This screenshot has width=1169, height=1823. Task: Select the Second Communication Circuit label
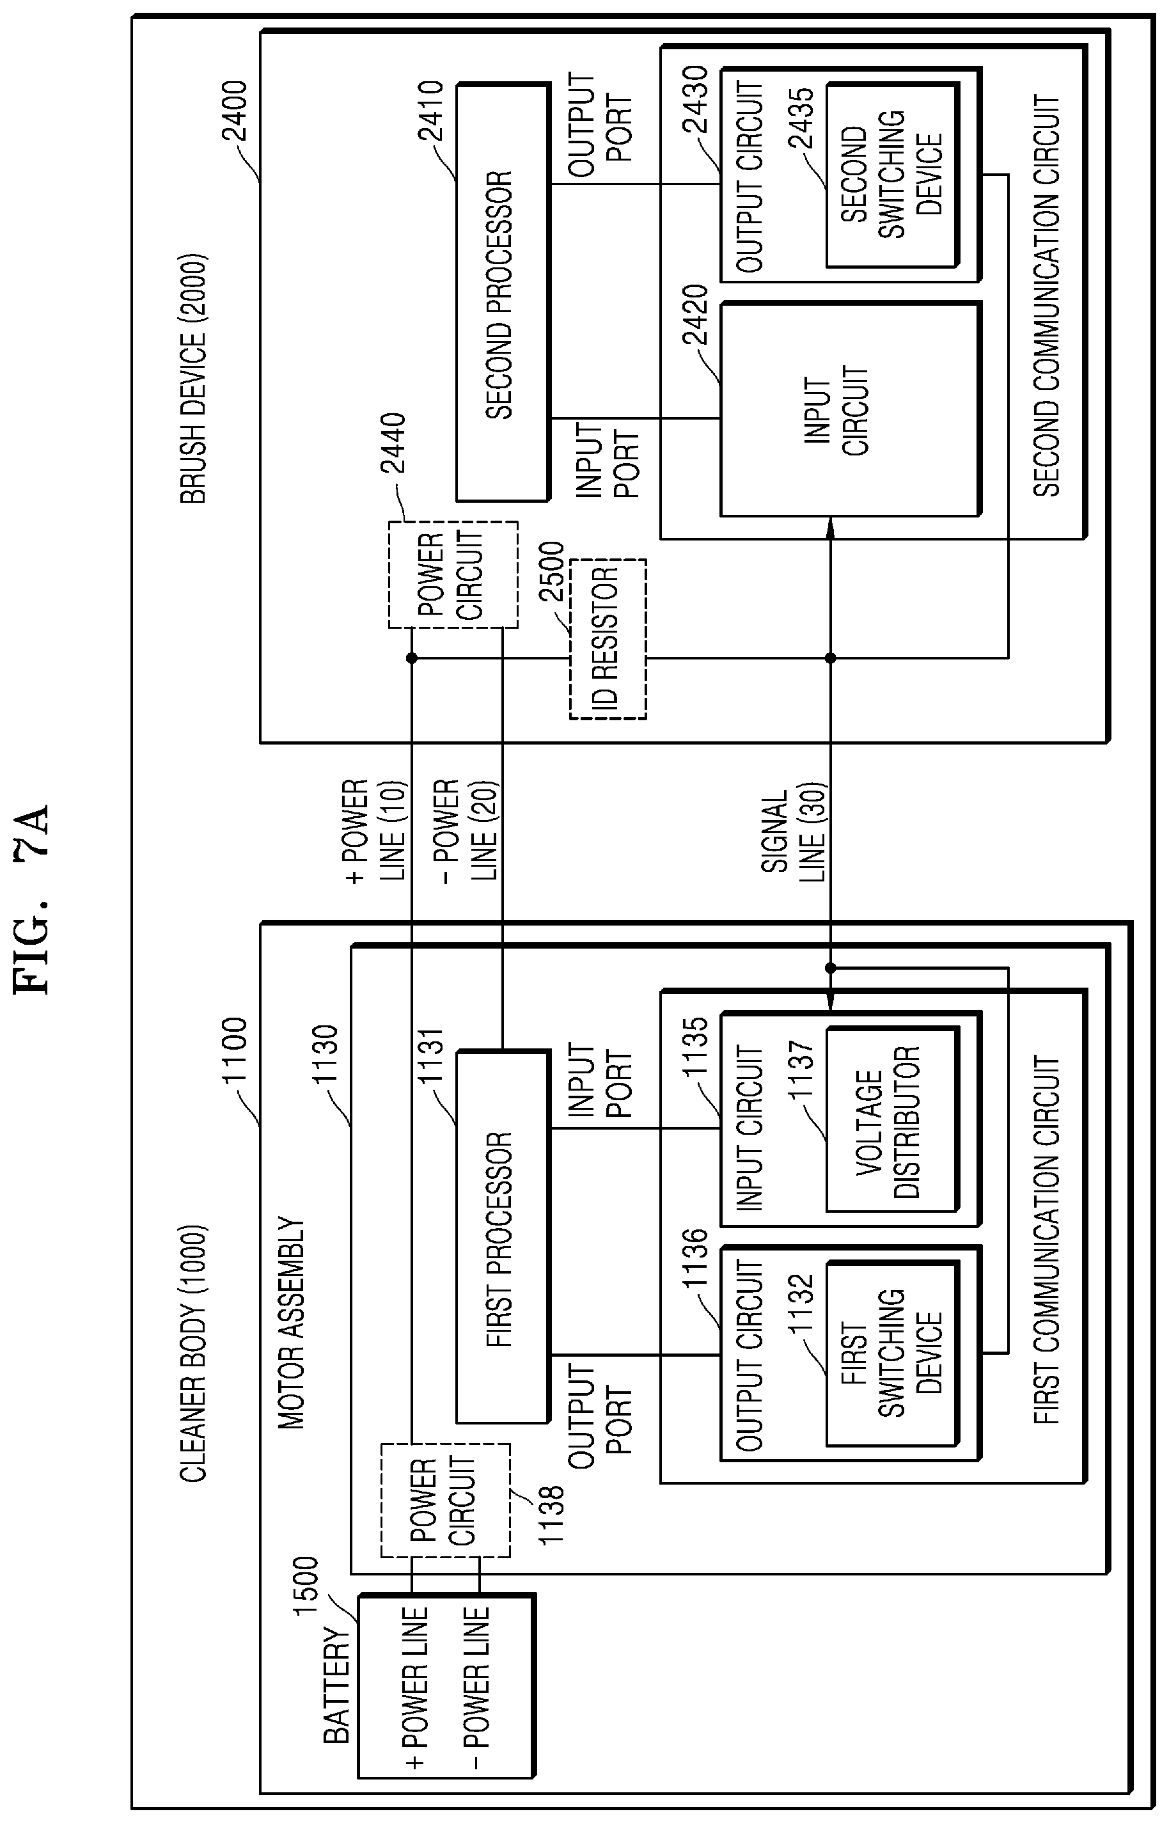pos(1047,297)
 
